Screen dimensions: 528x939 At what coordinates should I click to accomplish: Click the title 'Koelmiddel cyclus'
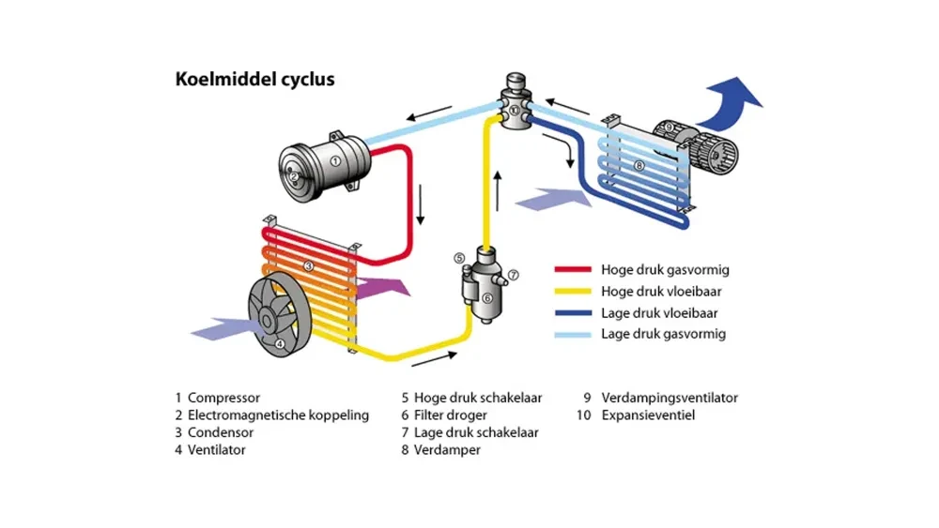[254, 80]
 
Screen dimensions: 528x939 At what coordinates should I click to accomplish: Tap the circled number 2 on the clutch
[294, 175]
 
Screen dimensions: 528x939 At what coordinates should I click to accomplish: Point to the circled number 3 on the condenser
[307, 266]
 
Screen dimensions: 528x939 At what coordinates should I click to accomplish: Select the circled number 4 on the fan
[279, 342]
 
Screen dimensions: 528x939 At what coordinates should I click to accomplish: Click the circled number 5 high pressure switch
[459, 258]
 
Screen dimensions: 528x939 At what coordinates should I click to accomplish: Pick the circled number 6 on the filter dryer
[487, 297]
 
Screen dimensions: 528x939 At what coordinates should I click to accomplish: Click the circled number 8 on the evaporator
[639, 167]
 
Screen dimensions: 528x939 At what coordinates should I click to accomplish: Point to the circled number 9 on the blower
[668, 126]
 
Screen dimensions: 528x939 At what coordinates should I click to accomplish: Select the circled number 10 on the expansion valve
[515, 110]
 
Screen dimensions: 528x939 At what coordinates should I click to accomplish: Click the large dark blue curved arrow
[734, 100]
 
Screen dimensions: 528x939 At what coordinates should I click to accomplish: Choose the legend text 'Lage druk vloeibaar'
[660, 313]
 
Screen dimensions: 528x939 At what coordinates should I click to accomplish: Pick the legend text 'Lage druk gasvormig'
[663, 334]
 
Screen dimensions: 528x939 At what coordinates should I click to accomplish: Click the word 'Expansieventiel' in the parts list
[648, 415]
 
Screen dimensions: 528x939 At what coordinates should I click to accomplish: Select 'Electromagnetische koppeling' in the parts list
[278, 415]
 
